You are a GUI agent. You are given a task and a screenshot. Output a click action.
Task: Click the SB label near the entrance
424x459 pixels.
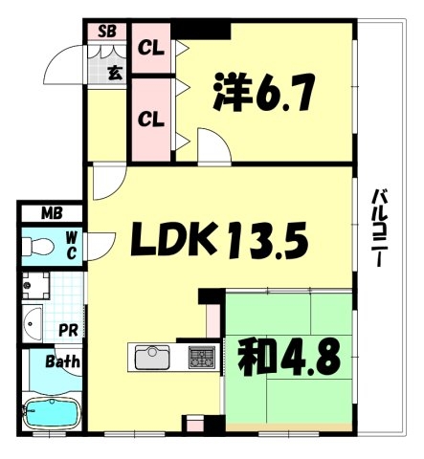(x=107, y=32)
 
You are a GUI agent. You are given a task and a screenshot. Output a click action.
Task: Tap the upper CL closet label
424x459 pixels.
(x=151, y=48)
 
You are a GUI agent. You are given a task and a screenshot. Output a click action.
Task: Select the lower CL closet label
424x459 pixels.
(x=151, y=120)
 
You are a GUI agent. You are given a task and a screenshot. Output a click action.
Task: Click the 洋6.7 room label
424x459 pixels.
(x=264, y=92)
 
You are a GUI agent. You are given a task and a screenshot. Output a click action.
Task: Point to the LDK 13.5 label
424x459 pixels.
(x=220, y=240)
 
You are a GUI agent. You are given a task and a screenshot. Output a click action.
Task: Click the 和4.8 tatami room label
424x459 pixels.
(x=290, y=356)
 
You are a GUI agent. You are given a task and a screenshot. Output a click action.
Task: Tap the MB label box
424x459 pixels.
(x=52, y=213)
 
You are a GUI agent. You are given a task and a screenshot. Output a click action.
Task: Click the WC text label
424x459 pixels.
(x=72, y=246)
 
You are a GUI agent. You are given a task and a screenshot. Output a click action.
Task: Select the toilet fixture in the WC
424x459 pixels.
(x=38, y=246)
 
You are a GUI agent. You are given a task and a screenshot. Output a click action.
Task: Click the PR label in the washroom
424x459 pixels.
(x=68, y=330)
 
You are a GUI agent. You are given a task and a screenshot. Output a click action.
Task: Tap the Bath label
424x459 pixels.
(x=62, y=361)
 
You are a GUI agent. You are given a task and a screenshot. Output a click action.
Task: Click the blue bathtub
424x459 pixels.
(x=52, y=413)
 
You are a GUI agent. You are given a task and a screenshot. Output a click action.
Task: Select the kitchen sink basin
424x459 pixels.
(x=152, y=357)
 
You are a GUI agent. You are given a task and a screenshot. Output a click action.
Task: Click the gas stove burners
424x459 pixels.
(x=201, y=357)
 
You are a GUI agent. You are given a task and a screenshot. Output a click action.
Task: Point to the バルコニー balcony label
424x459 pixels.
(x=380, y=228)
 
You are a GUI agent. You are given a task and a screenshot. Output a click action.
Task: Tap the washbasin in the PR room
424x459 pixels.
(x=33, y=323)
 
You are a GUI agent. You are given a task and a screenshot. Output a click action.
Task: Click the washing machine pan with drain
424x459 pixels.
(x=35, y=285)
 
